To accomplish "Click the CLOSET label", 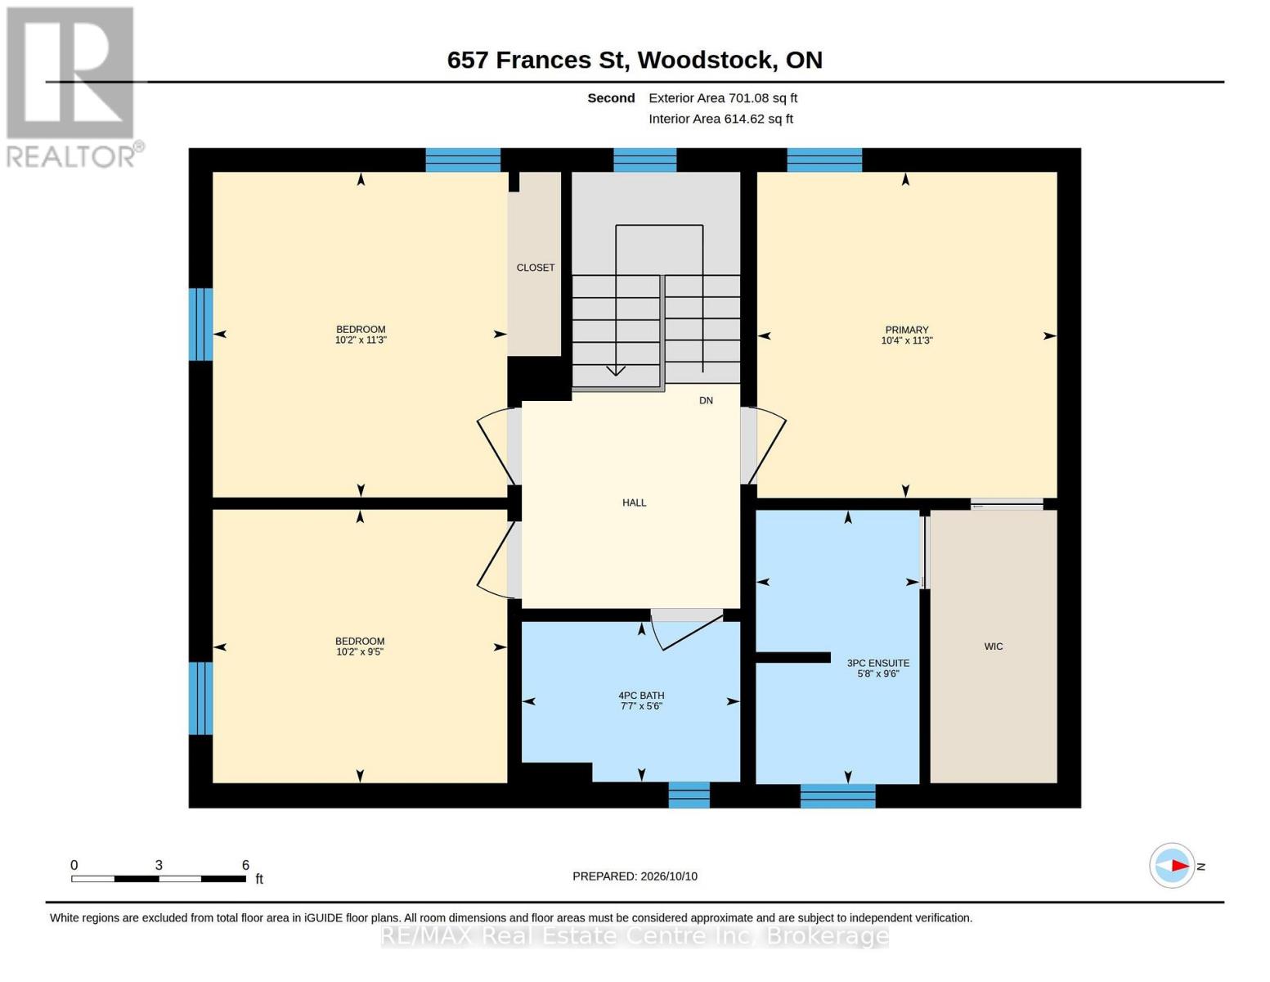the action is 536,268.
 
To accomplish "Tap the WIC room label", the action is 994,646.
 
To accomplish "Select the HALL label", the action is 634,502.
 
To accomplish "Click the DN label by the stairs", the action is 706,401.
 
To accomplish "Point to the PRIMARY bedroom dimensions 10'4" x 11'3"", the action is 907,340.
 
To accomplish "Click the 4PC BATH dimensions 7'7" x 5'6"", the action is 641,706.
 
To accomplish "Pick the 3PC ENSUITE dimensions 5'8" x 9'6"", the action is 877,673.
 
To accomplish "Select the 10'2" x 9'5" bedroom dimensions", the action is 360,651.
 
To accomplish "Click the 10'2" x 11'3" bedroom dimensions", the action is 361,340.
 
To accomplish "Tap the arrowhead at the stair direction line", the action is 616,371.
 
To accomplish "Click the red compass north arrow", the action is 1180,866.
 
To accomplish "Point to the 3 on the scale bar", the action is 159,865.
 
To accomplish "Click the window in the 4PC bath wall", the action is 689,795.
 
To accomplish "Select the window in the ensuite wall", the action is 837,796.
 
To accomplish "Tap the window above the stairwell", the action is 644,160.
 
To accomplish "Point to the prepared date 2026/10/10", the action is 669,876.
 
